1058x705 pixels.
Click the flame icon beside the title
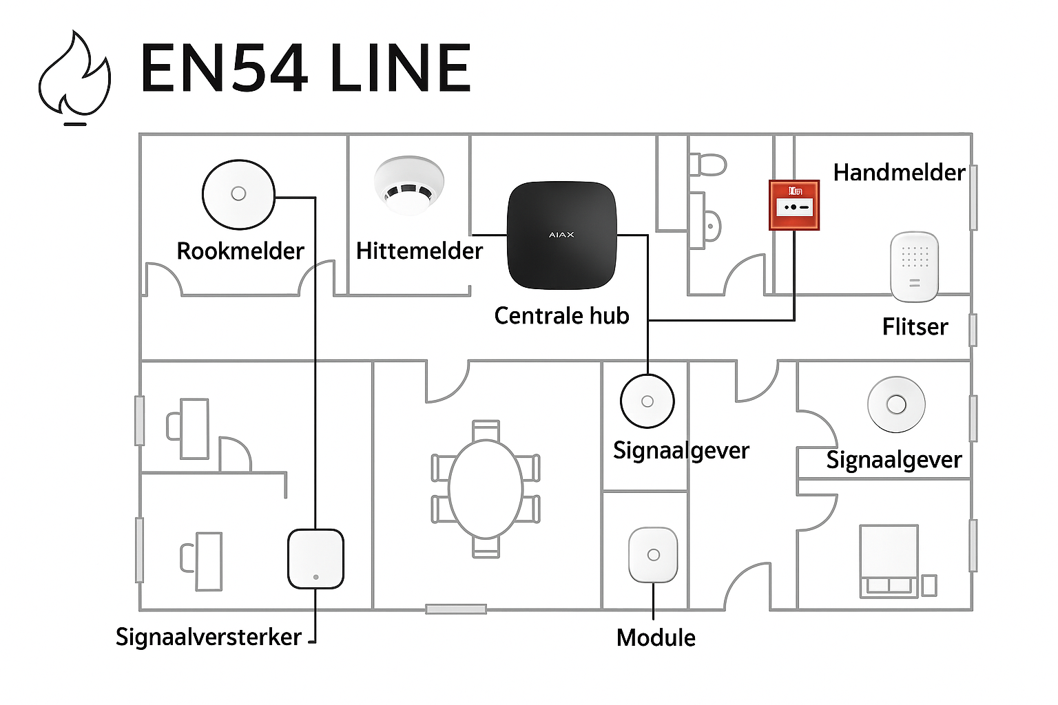pyautogui.click(x=74, y=76)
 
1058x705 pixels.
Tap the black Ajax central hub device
pyautogui.click(x=561, y=235)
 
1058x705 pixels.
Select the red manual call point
pyautogui.click(x=793, y=205)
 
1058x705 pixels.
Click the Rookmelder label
pyautogui.click(x=240, y=251)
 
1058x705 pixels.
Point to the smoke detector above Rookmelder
pyautogui.click(x=238, y=193)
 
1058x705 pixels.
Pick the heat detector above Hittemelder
pyautogui.click(x=409, y=185)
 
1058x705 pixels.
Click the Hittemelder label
pyautogui.click(x=419, y=251)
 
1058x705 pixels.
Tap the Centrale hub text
pyautogui.click(x=561, y=316)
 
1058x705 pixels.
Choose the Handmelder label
pyautogui.click(x=899, y=173)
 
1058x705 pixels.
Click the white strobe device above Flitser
pyautogui.click(x=914, y=266)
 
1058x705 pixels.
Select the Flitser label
pyautogui.click(x=915, y=327)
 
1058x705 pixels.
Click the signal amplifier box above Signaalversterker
pyautogui.click(x=315, y=558)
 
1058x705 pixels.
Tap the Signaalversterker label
pyautogui.click(x=208, y=638)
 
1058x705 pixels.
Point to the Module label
pyautogui.click(x=656, y=638)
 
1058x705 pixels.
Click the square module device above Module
pyautogui.click(x=653, y=555)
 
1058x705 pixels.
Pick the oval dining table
pyautogui.click(x=486, y=488)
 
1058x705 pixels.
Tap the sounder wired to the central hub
pyautogui.click(x=647, y=401)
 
